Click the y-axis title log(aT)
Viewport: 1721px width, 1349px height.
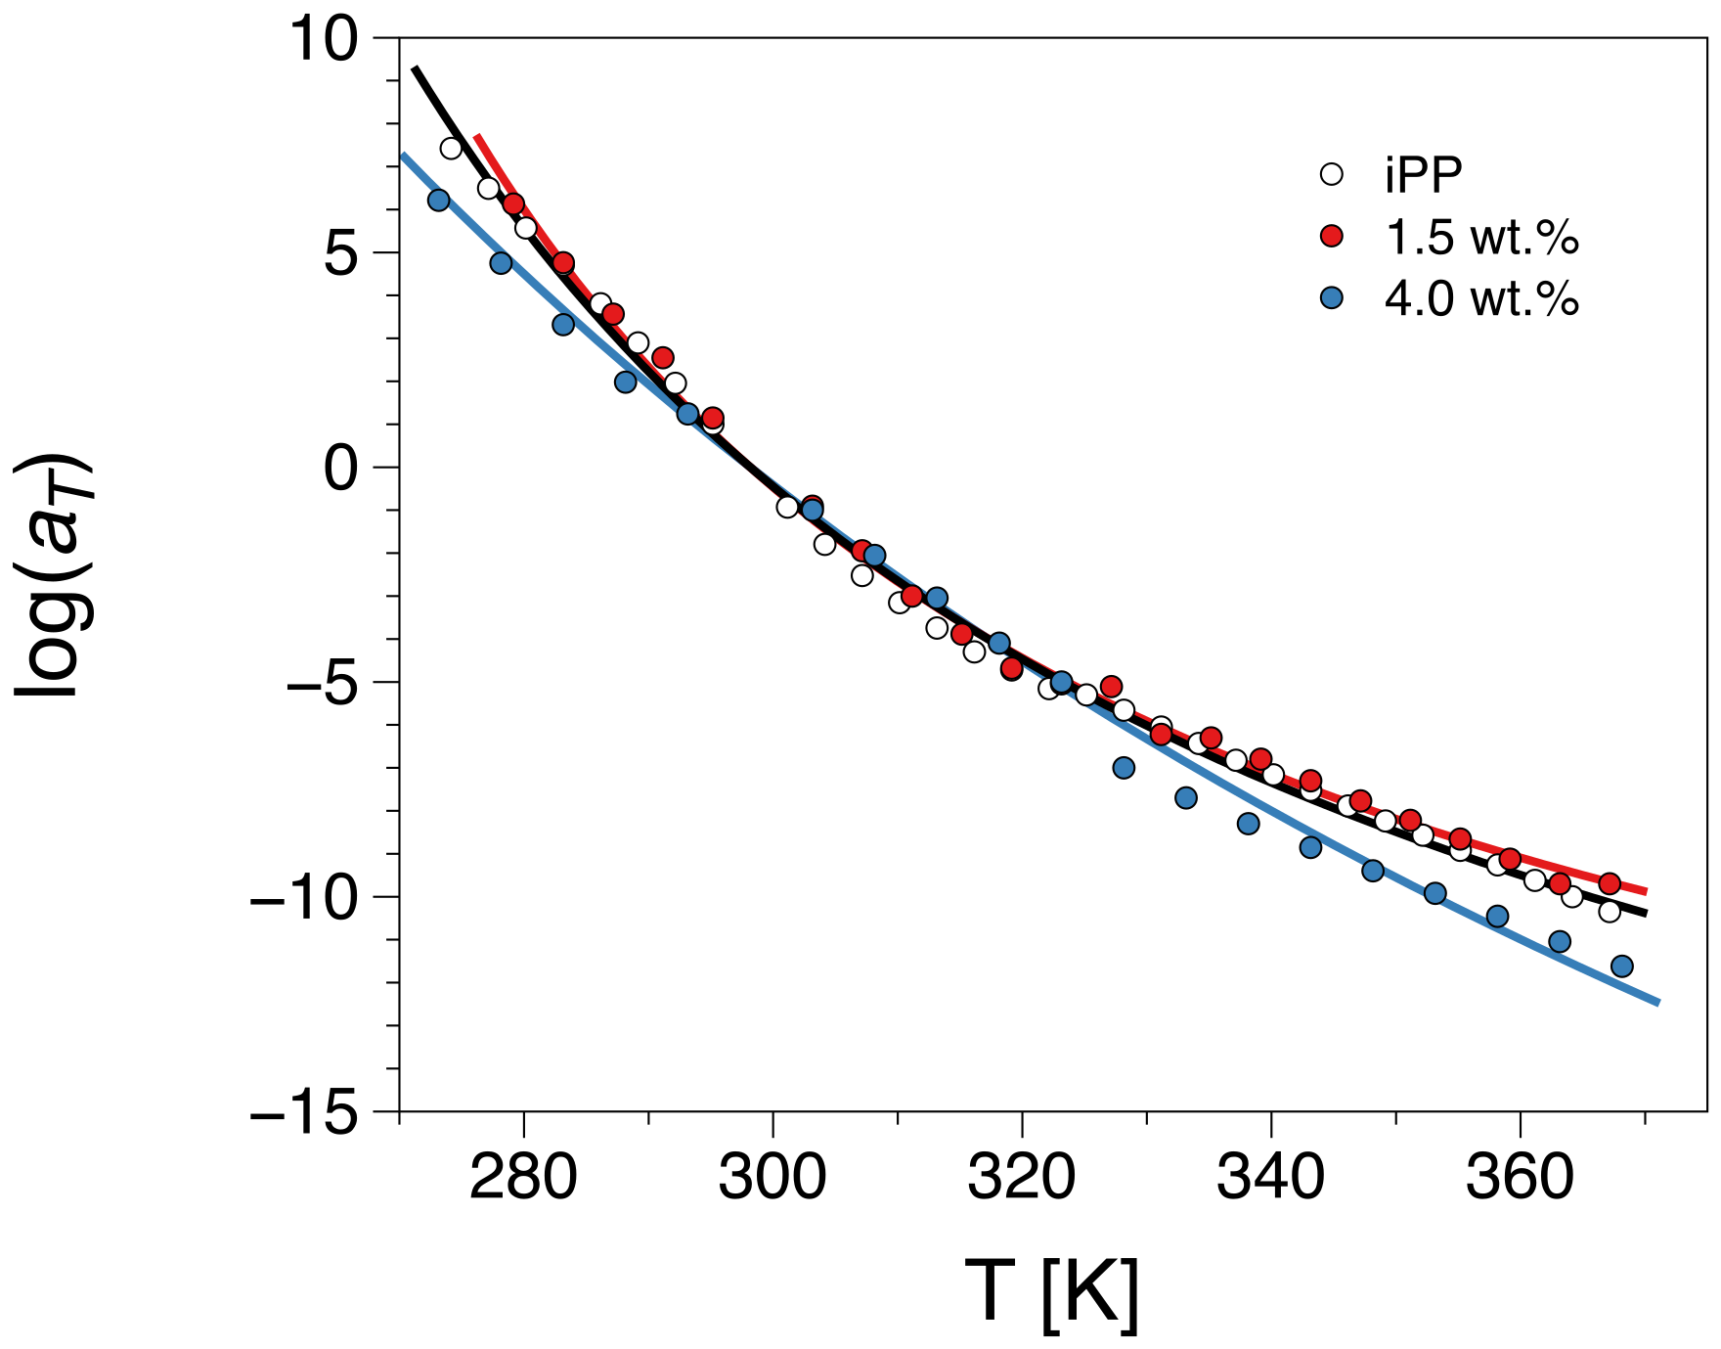pyautogui.click(x=54, y=575)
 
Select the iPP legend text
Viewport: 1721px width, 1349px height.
pyautogui.click(x=1423, y=175)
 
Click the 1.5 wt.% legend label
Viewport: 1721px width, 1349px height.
pyautogui.click(x=1480, y=238)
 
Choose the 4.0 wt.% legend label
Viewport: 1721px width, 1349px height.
pyautogui.click(x=1480, y=298)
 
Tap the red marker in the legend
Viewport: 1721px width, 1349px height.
pyautogui.click(x=1332, y=237)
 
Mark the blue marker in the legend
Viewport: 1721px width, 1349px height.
pyautogui.click(x=1332, y=297)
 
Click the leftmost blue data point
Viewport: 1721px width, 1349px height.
pyautogui.click(x=438, y=200)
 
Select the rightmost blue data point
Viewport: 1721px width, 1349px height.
pyautogui.click(x=1621, y=967)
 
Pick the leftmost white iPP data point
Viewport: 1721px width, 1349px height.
pyautogui.click(x=451, y=149)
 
